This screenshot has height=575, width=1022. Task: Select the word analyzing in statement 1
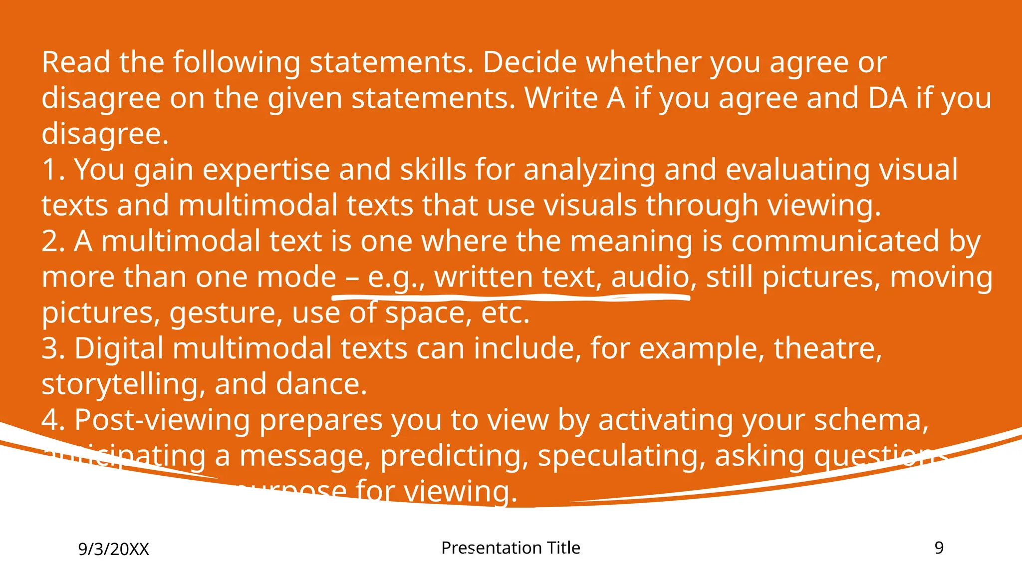[589, 171]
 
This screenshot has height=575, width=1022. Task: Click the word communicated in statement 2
[836, 242]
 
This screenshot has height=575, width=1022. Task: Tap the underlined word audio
[650, 278]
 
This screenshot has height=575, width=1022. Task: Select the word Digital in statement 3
[119, 348]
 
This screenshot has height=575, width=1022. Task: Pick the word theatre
[828, 348]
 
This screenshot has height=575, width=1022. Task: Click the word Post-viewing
[162, 420]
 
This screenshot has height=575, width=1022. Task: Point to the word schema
[871, 420]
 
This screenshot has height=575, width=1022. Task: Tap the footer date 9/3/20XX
[114, 550]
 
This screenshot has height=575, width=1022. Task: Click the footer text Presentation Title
[511, 548]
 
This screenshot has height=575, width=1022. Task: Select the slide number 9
[939, 548]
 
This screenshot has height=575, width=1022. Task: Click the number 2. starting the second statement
[53, 242]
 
